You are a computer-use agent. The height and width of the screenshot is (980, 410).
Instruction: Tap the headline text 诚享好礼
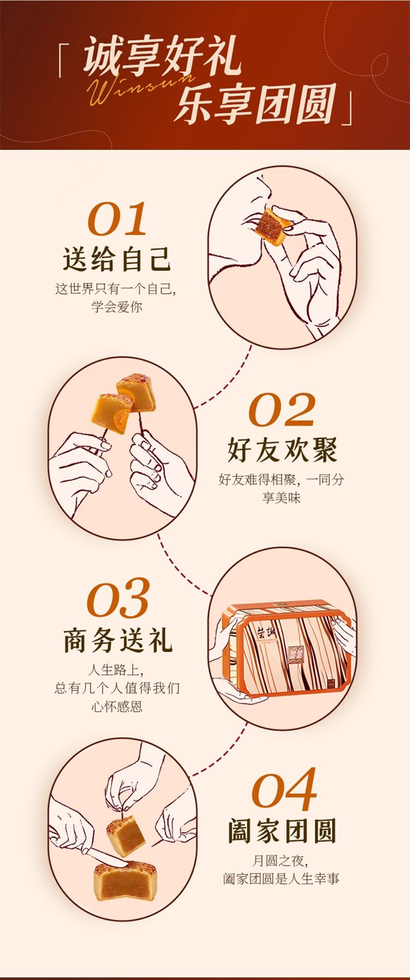click(162, 56)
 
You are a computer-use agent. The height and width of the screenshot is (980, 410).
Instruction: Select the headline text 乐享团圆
click(255, 103)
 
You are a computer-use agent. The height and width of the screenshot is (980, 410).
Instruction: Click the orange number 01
click(118, 219)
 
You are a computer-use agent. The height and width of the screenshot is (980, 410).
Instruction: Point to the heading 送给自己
click(117, 259)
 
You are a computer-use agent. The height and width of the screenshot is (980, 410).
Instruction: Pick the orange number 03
click(118, 599)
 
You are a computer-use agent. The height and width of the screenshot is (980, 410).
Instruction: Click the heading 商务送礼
click(118, 640)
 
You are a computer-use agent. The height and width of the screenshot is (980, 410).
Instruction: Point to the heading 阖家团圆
click(282, 831)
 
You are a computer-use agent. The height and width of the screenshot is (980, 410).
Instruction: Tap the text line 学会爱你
click(117, 306)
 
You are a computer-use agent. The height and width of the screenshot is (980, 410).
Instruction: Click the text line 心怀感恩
click(117, 706)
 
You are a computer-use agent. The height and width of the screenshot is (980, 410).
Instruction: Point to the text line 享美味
click(282, 497)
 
